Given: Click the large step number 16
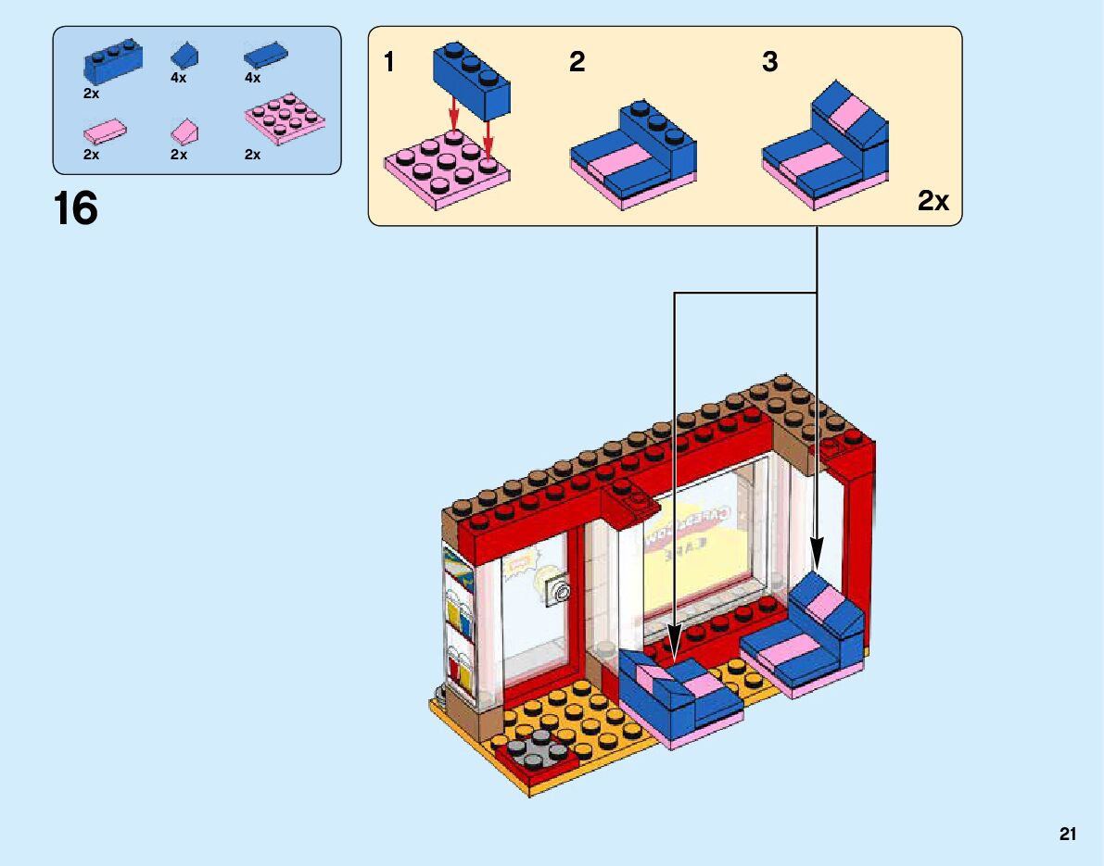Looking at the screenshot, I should (x=76, y=208).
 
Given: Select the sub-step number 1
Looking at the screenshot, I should (x=389, y=63).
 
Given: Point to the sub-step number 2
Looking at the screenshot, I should (x=577, y=63).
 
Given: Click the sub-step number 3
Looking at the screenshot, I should (x=769, y=63).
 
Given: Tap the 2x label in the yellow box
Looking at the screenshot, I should (x=933, y=200).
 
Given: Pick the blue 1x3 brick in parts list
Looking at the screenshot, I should (x=112, y=62).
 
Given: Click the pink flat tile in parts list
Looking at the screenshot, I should (x=105, y=131).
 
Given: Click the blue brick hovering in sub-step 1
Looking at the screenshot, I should (x=473, y=82).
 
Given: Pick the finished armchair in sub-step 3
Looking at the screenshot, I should (x=825, y=148).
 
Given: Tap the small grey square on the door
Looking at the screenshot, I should (x=557, y=590).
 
